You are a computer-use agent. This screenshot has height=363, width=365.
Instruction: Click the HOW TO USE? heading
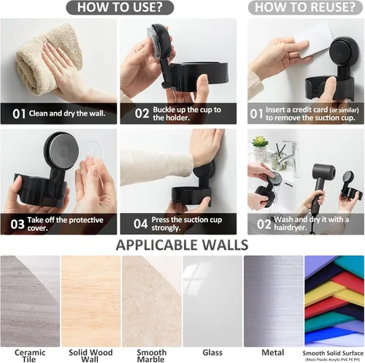[120, 7]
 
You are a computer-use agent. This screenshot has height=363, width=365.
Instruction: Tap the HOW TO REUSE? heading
[305, 7]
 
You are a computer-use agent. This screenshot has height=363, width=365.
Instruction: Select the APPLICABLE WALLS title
[182, 245]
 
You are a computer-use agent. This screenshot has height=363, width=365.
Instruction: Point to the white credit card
[312, 40]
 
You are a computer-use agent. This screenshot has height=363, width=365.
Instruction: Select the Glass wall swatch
[212, 301]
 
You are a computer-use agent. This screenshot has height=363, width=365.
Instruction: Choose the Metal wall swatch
[274, 301]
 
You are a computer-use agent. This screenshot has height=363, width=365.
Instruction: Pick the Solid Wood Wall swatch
[91, 301]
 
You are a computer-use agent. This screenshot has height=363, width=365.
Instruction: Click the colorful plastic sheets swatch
[334, 301]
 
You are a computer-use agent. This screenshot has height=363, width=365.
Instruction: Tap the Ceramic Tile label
[30, 356]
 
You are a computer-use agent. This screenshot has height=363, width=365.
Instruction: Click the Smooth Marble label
[151, 356]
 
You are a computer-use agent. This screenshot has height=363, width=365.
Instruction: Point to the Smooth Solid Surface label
[333, 353]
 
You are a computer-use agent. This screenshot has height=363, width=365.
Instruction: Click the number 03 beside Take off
[18, 224]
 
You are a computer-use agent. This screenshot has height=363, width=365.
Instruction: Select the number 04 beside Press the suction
[140, 223]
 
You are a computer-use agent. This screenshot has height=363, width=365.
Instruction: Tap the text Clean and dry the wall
[67, 113]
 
